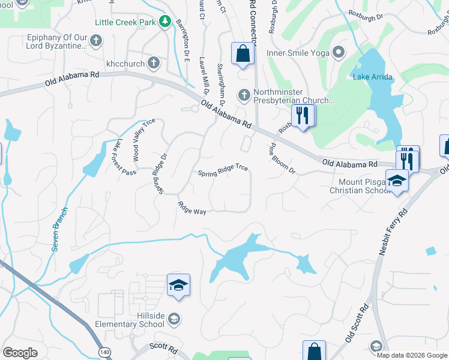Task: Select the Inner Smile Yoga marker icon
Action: tap(338, 52)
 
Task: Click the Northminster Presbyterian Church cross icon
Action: tap(244, 94)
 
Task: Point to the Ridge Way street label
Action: tap(191, 208)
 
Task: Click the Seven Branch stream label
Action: tap(60, 229)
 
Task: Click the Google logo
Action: tap(20, 352)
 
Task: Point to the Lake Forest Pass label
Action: tap(126, 157)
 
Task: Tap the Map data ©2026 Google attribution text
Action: tap(411, 355)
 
